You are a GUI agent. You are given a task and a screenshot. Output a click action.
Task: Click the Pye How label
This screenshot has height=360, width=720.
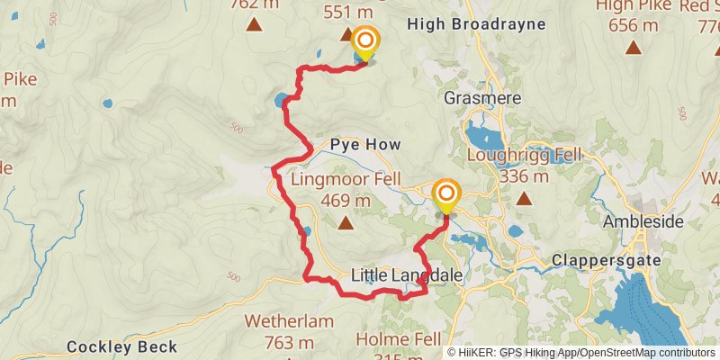coord(364,144)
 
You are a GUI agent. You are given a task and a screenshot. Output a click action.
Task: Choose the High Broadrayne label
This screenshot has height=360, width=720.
coord(476,23)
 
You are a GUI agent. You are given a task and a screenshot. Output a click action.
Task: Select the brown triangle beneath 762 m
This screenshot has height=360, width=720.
coord(255,25)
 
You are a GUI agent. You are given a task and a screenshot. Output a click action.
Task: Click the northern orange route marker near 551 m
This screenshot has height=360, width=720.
coord(365,42)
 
